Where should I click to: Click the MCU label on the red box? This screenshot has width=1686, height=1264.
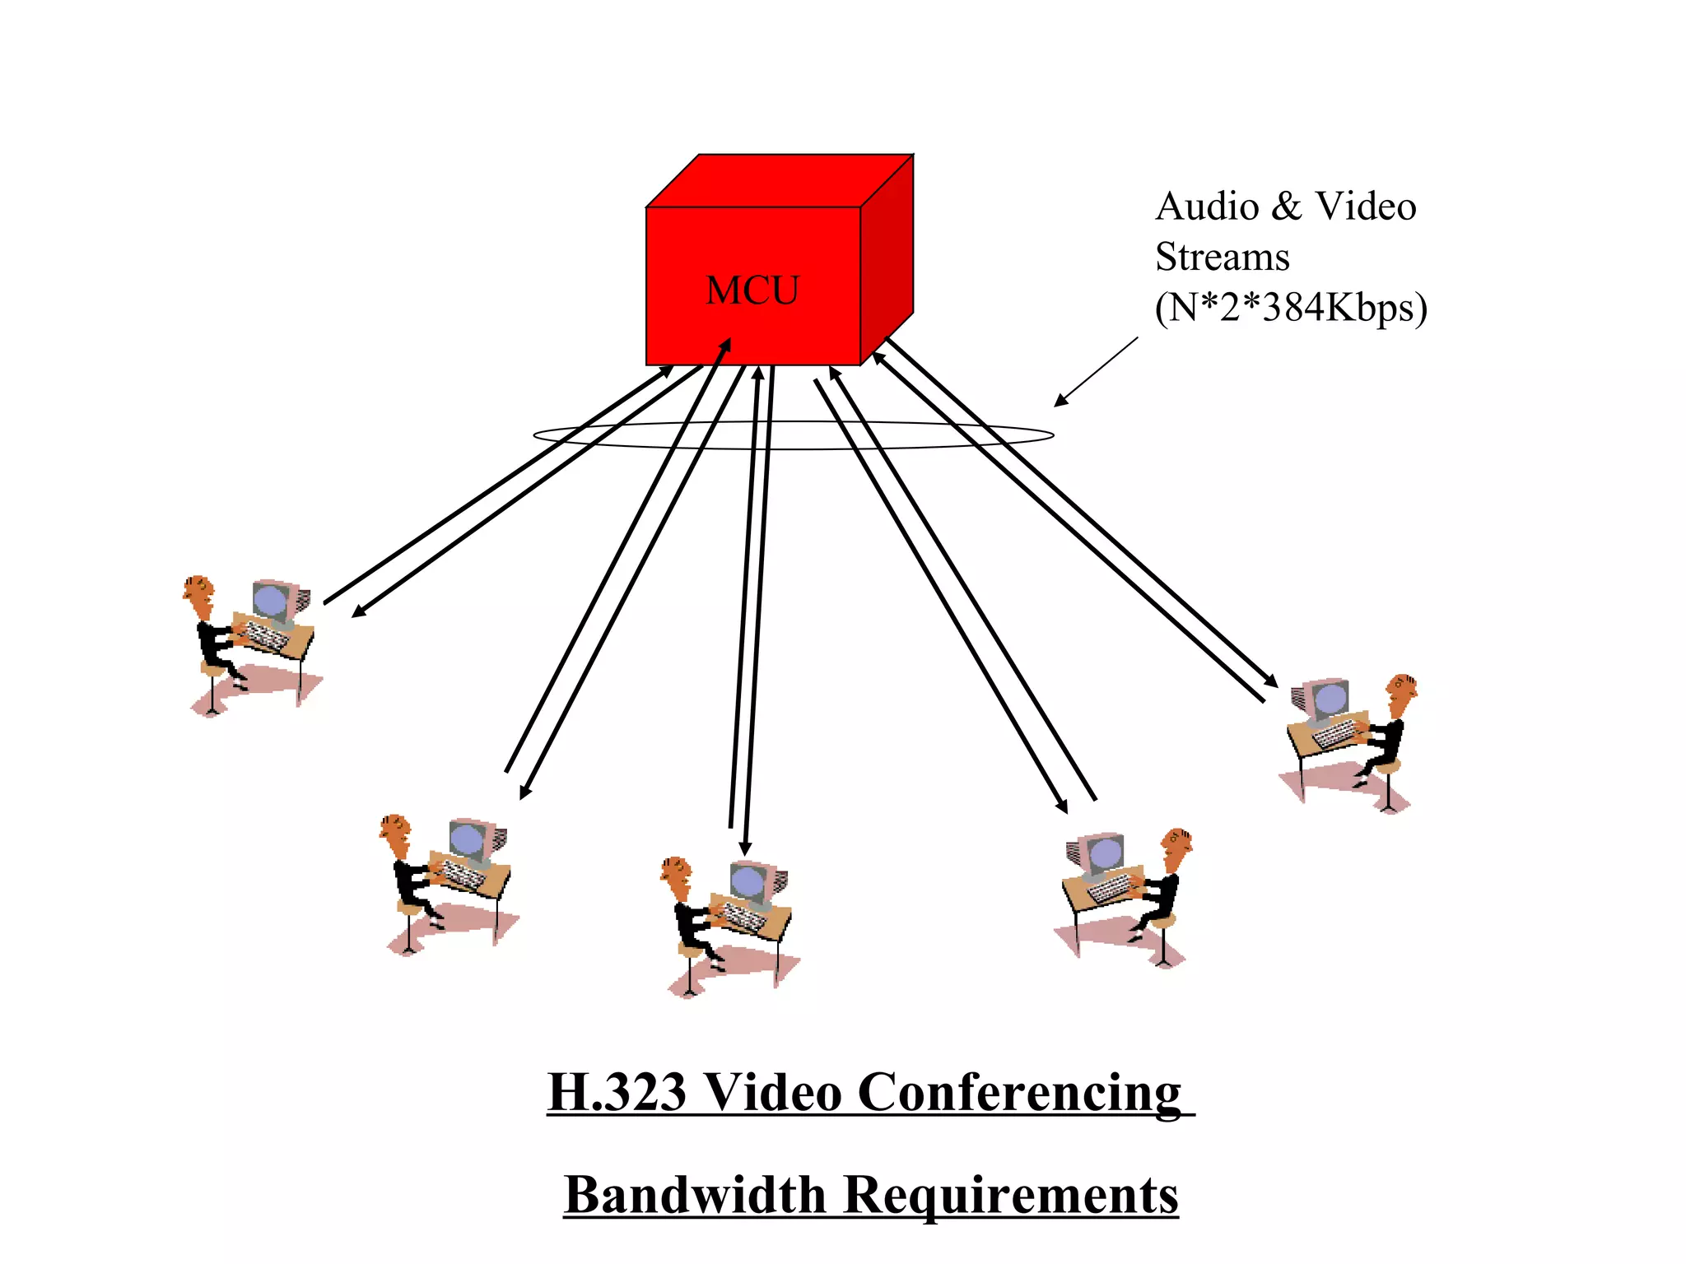752,290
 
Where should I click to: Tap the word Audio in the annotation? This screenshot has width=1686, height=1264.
1207,207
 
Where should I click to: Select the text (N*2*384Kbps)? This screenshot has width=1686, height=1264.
1290,308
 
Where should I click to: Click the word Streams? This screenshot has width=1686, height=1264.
1222,257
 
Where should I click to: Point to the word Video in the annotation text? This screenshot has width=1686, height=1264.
1365,207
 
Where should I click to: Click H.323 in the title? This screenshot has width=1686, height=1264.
617,1093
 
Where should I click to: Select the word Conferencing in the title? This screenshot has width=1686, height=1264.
1019,1093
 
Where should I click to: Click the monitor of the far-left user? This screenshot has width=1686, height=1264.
272,600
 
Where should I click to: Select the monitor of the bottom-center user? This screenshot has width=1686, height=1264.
750,882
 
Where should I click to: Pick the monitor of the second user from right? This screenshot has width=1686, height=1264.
1103,854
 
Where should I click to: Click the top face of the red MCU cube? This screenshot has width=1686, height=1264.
778,181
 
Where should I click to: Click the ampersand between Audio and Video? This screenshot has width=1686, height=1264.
1286,207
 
